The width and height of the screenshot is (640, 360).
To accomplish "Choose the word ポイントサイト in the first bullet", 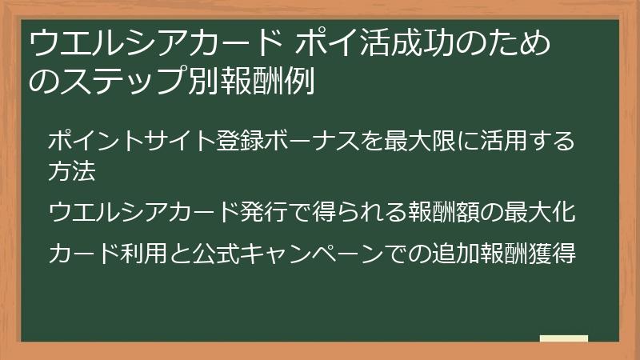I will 131,142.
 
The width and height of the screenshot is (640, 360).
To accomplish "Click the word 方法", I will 72,170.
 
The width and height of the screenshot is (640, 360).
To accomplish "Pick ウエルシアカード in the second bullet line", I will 143,213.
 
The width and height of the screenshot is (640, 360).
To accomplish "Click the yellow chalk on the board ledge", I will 563,338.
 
